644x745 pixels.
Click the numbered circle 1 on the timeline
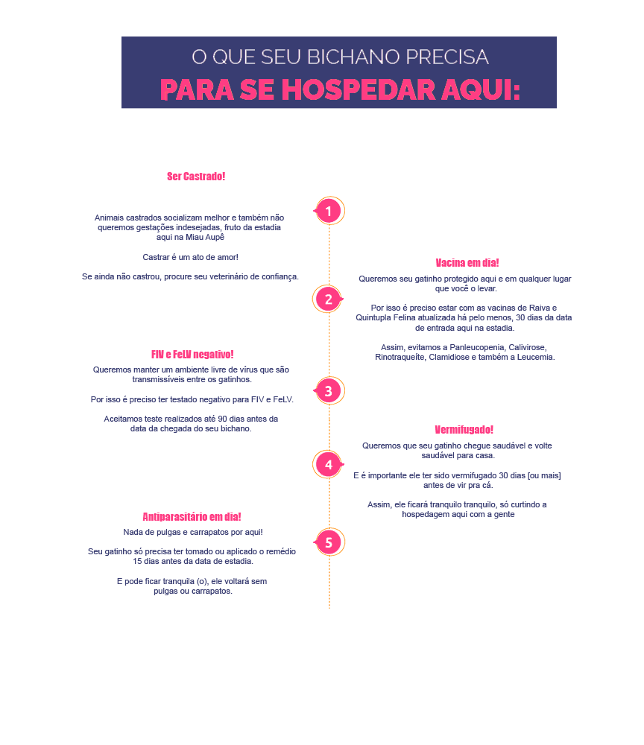(329, 211)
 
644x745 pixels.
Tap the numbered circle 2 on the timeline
(329, 299)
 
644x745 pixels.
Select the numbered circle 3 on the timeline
(329, 391)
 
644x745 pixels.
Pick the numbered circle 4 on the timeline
(329, 465)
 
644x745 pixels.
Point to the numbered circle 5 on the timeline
(329, 542)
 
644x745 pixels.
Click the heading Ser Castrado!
(196, 177)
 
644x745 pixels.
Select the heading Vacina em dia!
(467, 263)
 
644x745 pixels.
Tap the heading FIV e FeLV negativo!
(192, 355)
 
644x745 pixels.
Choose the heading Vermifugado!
(464, 430)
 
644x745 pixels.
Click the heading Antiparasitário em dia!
(192, 516)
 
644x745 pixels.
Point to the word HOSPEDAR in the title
(359, 89)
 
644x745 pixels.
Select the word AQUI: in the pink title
(481, 89)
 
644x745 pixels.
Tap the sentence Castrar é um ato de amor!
(191, 257)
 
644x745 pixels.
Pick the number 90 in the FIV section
(222, 419)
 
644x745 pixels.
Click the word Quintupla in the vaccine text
(373, 318)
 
